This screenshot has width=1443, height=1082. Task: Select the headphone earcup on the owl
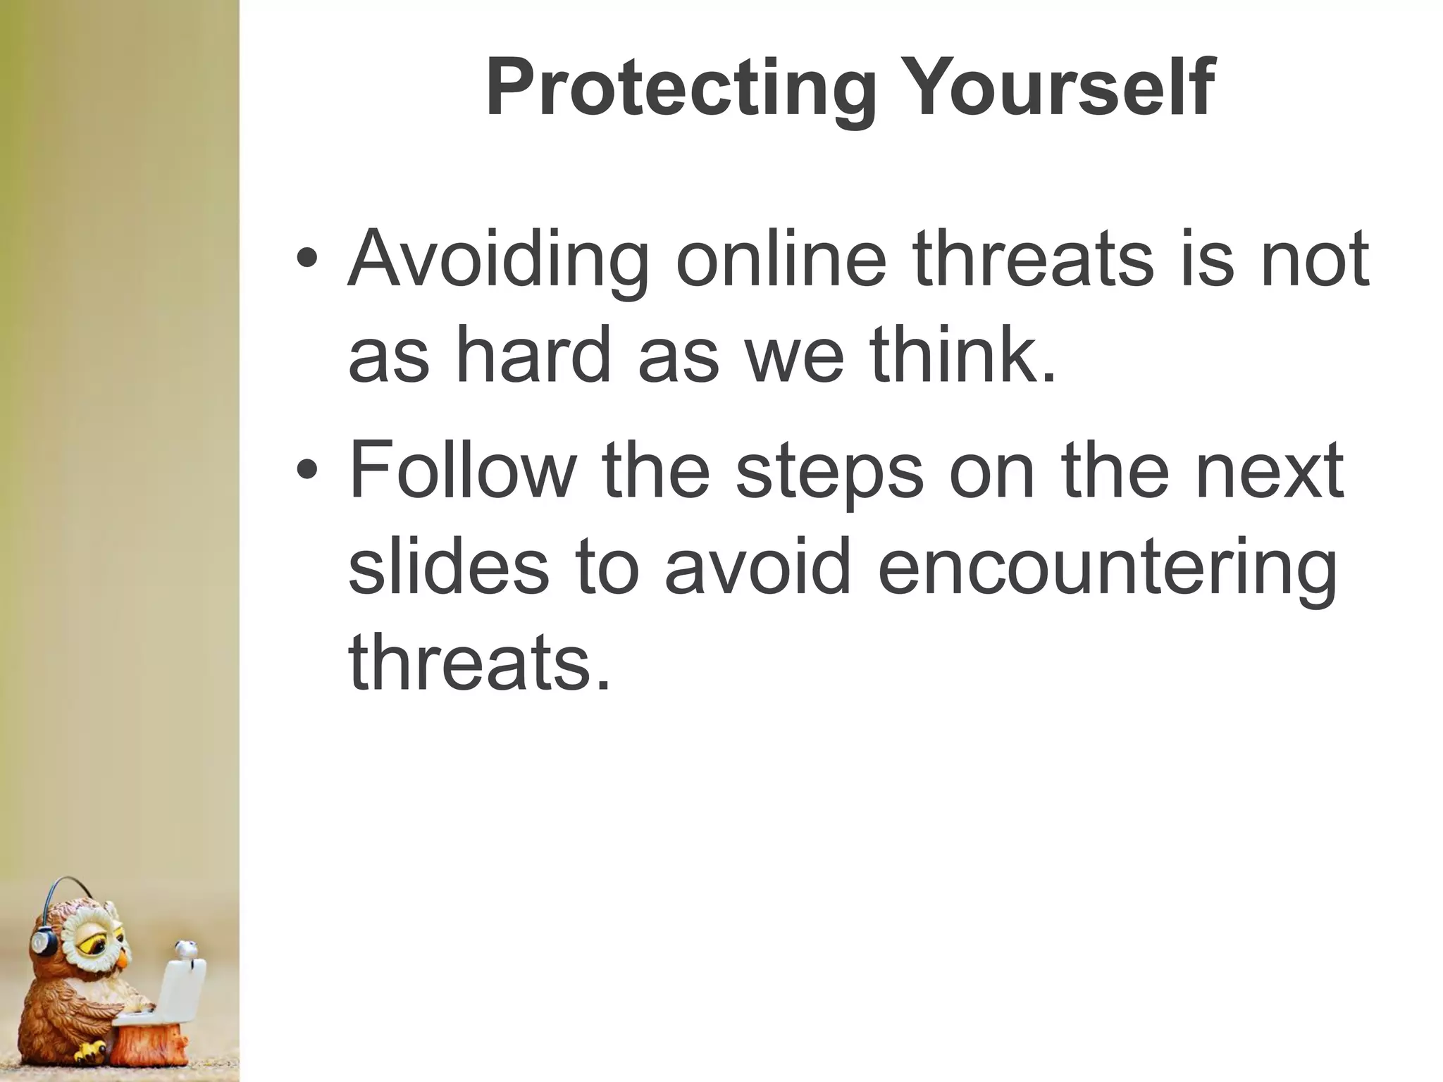pyautogui.click(x=43, y=940)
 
